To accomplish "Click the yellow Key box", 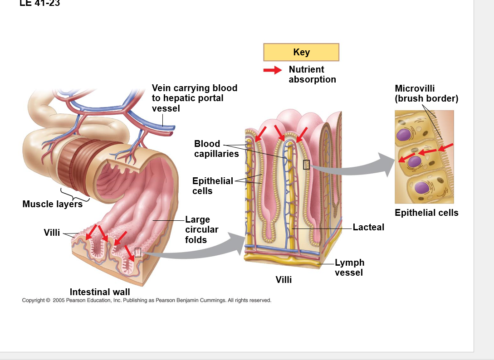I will [301, 52].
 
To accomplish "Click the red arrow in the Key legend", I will [273, 70].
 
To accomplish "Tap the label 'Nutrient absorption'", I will [312, 74].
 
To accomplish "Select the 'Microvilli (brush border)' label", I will [426, 93].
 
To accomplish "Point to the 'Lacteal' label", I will [368, 227].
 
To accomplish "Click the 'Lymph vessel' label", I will [349, 268].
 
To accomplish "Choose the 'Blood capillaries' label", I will [216, 149].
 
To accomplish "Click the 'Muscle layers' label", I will [53, 204].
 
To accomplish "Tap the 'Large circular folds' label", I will [201, 230].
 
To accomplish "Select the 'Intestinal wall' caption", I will [100, 292].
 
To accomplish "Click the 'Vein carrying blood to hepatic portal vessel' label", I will [194, 98].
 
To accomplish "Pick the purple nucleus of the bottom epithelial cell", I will [421, 187].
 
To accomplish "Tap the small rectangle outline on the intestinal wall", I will [138, 253].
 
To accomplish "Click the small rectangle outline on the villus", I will [306, 165].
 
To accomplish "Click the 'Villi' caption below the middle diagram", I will [284, 280].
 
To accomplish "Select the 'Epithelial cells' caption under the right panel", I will [426, 213].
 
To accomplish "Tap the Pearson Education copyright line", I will [147, 300].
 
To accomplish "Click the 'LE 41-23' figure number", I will [40, 4].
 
